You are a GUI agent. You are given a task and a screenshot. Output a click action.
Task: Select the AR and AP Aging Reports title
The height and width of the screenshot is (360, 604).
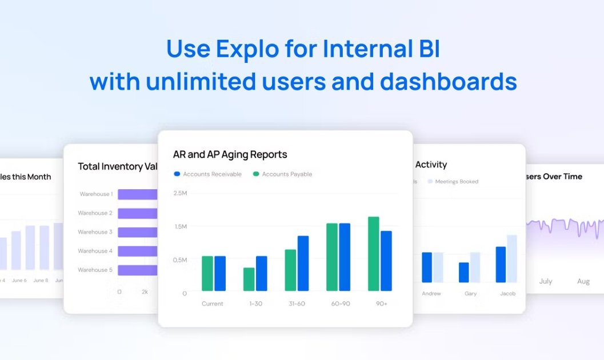pyautogui.click(x=230, y=154)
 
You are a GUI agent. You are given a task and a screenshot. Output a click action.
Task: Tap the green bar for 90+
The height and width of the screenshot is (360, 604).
pyautogui.click(x=374, y=254)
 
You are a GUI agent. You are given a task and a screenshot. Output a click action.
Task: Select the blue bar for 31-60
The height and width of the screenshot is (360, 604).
pyautogui.click(x=303, y=263)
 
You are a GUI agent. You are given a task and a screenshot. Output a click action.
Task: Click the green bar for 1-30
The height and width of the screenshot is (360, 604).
pyautogui.click(x=249, y=279)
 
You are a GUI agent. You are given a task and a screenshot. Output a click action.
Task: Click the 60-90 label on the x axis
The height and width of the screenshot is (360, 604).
pyautogui.click(x=341, y=303)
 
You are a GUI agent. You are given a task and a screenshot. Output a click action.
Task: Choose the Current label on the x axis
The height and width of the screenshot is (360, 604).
pyautogui.click(x=212, y=303)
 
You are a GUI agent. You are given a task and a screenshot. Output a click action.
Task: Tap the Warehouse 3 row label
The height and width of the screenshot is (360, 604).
pyautogui.click(x=95, y=232)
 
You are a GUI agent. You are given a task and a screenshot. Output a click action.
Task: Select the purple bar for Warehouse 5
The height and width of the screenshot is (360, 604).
pyautogui.click(x=137, y=270)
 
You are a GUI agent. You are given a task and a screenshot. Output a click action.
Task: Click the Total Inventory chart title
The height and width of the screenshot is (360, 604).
pyautogui.click(x=117, y=166)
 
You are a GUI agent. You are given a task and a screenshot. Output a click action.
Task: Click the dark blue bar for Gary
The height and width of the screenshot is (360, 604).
pyautogui.click(x=464, y=272)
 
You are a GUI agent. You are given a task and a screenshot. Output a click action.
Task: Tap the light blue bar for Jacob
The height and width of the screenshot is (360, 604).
pyautogui.click(x=511, y=258)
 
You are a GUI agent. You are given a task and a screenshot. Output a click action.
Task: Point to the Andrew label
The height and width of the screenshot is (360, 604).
pyautogui.click(x=431, y=294)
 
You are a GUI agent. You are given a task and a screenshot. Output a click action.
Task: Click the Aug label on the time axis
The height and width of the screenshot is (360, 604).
pyautogui.click(x=583, y=281)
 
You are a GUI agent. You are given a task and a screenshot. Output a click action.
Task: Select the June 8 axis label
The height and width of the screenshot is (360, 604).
pyautogui.click(x=41, y=280)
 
